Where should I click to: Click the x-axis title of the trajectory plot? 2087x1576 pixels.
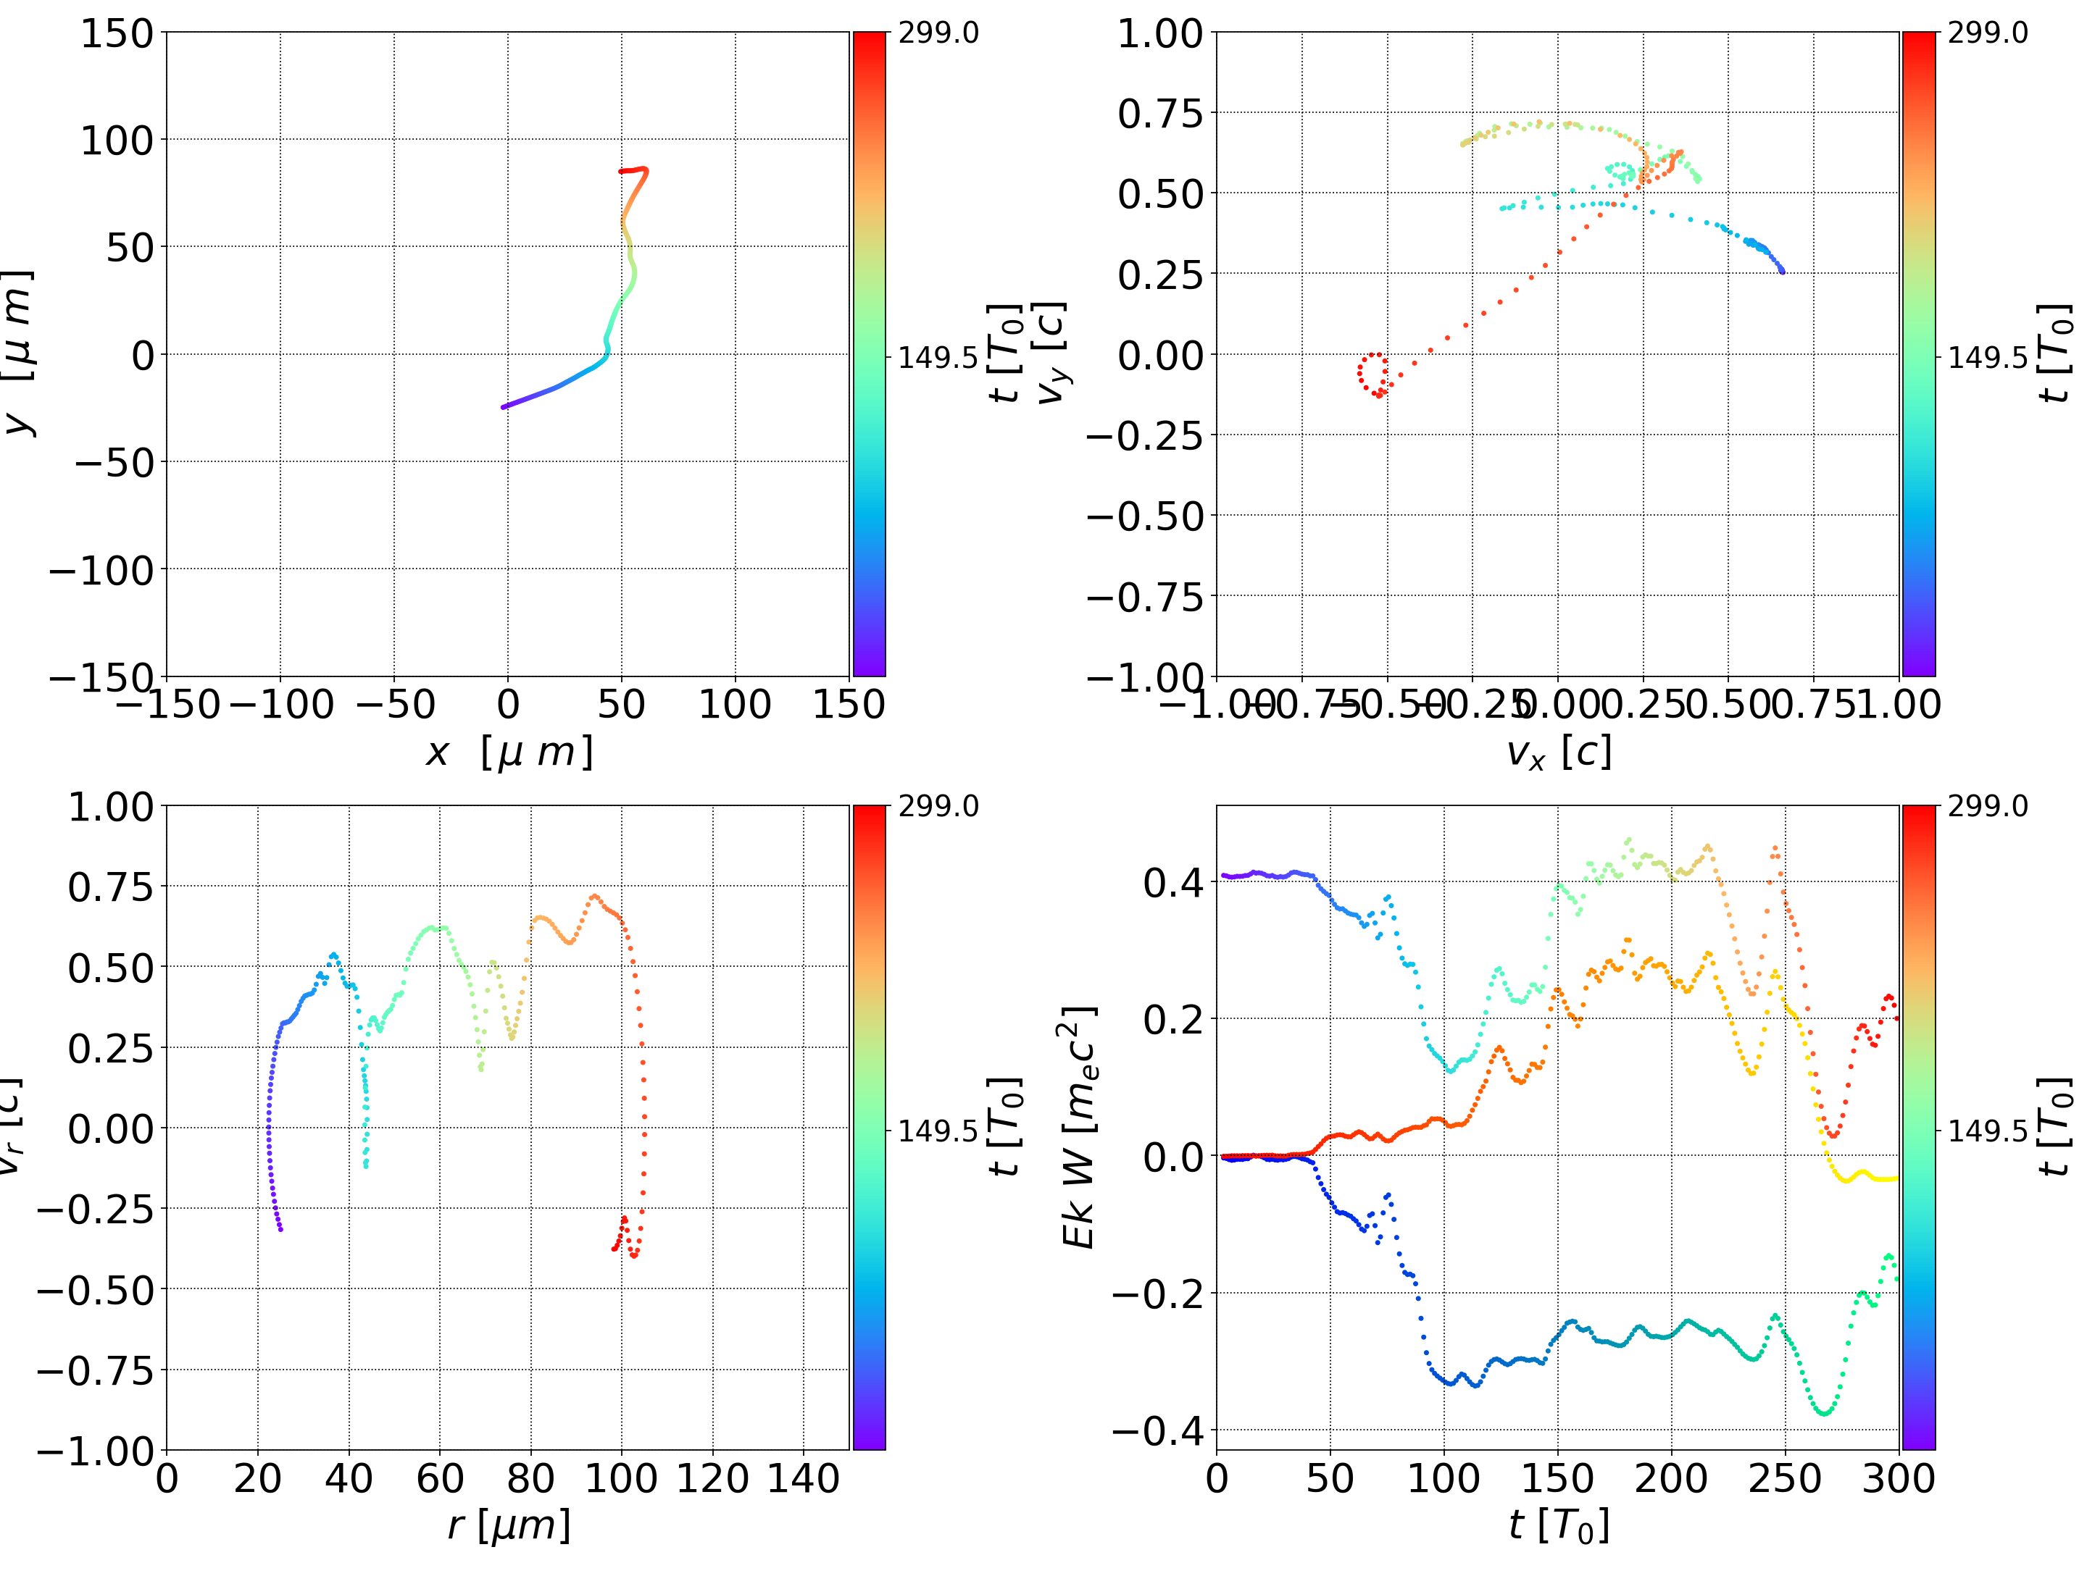click(x=509, y=753)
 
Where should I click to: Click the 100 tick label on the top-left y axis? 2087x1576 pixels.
click(x=116, y=141)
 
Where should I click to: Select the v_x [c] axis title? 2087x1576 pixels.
click(x=1558, y=753)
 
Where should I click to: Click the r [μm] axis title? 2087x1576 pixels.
click(x=509, y=1525)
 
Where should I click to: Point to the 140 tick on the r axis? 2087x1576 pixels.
click(x=803, y=1478)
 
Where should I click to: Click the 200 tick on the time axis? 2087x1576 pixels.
click(x=1671, y=1478)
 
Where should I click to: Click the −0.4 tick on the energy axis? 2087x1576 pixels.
click(x=1158, y=1430)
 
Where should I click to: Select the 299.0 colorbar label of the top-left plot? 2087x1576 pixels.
click(x=938, y=33)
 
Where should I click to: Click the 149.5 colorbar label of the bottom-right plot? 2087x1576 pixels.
click(x=1987, y=1130)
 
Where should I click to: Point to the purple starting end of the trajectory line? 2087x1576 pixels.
click(x=504, y=406)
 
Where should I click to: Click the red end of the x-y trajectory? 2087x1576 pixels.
click(x=621, y=172)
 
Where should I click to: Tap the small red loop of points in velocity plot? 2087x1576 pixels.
click(x=1372, y=374)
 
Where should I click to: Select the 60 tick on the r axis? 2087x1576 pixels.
click(x=440, y=1478)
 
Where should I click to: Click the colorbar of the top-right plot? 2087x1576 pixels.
click(x=1918, y=353)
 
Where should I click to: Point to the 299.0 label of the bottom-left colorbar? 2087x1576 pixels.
click(x=938, y=806)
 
